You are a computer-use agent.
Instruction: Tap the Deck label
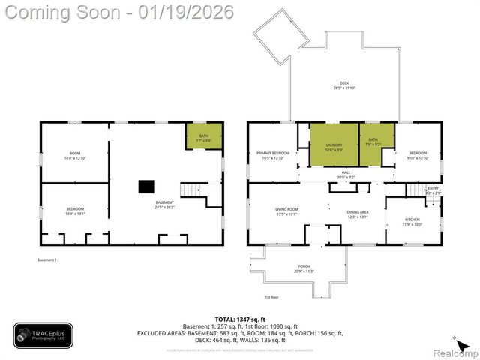(x=344, y=85)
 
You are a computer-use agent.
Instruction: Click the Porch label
(x=304, y=268)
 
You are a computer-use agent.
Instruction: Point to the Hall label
(x=346, y=173)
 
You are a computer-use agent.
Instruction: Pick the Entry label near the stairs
(x=433, y=190)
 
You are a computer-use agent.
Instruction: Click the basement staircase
(x=192, y=189)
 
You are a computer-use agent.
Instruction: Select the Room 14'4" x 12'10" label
(x=75, y=155)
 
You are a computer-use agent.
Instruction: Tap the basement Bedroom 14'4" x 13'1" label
(x=75, y=211)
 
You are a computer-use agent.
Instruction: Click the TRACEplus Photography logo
(x=43, y=335)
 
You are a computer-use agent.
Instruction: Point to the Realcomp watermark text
(x=453, y=352)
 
